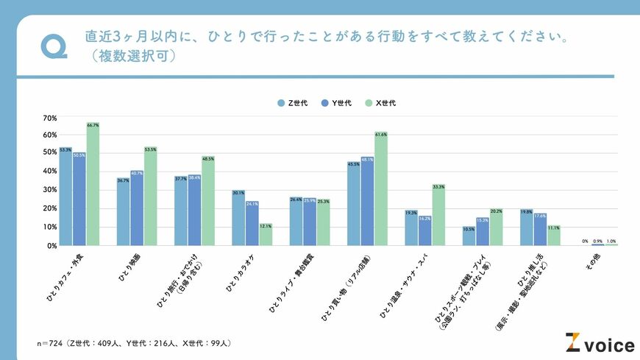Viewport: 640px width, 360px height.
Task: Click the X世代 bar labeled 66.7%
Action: pyautogui.click(x=93, y=184)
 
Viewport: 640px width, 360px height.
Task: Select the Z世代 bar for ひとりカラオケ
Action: pyautogui.click(x=238, y=218)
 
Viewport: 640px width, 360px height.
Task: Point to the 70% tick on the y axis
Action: pyautogui.click(x=50, y=118)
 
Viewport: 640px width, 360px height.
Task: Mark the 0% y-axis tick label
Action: pyautogui.click(x=52, y=246)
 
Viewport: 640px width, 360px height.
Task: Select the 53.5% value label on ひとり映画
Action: pyautogui.click(x=151, y=149)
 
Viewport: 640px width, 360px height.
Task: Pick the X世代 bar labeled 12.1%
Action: pyautogui.click(x=266, y=235)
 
